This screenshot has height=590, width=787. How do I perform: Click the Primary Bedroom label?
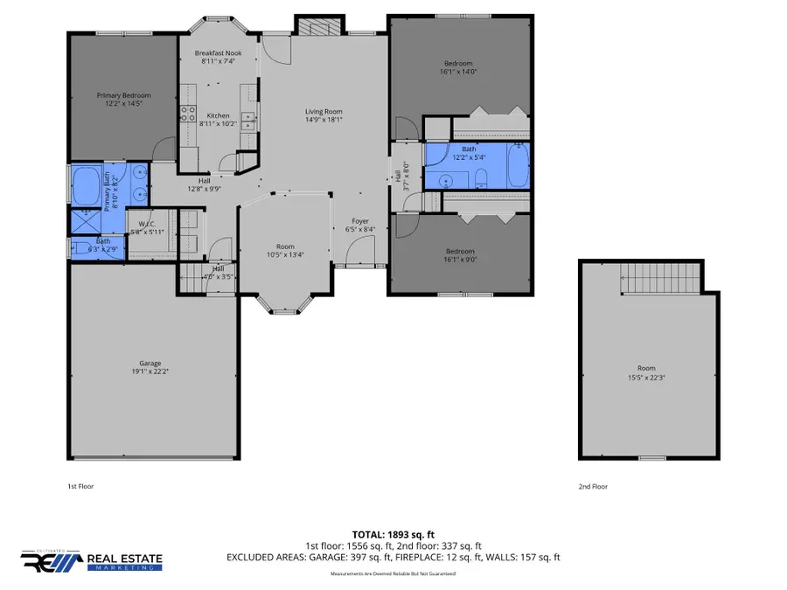pos(123,96)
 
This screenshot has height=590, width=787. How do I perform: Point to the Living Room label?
pos(323,112)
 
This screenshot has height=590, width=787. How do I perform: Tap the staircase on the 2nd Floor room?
pos(660,280)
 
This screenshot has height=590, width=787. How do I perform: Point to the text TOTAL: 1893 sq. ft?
pos(393,533)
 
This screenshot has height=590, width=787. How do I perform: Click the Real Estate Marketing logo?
pos(92,559)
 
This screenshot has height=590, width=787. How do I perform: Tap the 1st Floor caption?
pos(80,486)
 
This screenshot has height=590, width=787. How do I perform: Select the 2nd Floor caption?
pos(594,486)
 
